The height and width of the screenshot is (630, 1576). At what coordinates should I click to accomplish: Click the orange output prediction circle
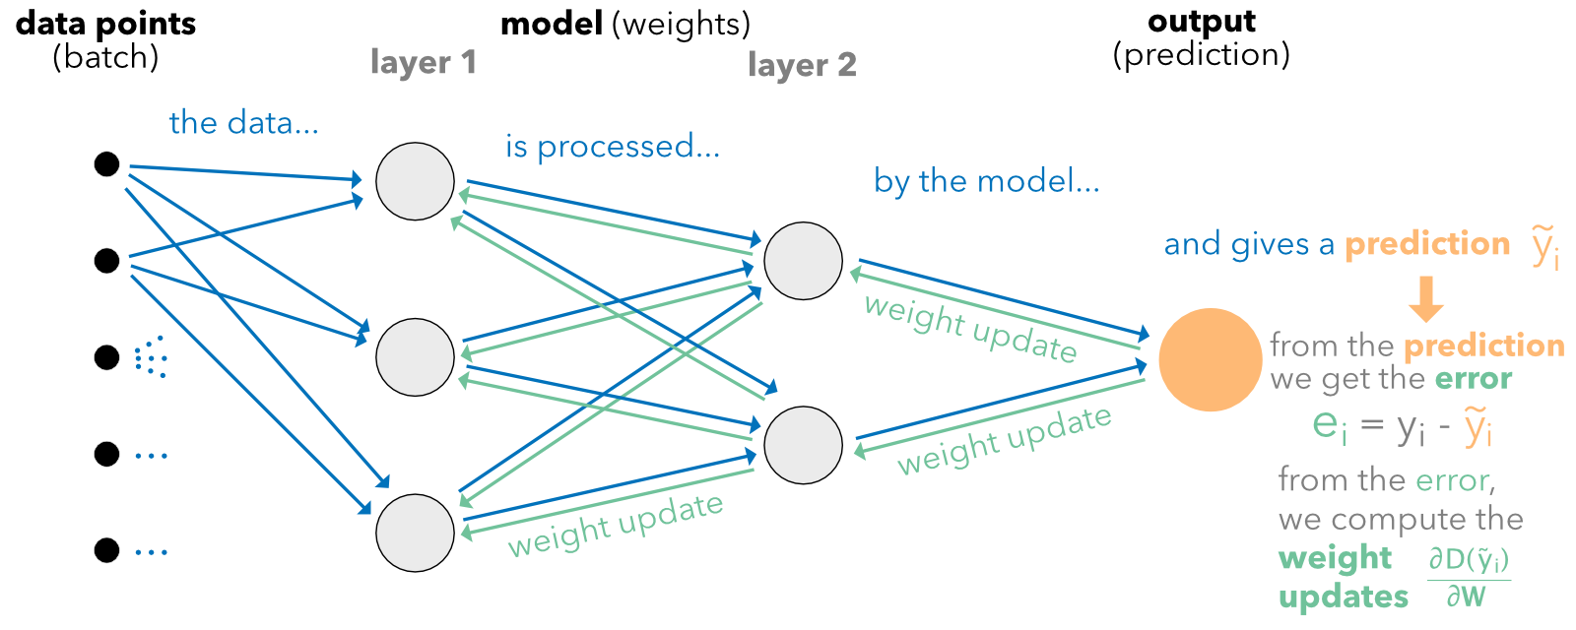pos(1210,360)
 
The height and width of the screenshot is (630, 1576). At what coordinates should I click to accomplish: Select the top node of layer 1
pos(415,181)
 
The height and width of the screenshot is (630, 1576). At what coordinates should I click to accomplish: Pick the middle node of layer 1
pos(415,356)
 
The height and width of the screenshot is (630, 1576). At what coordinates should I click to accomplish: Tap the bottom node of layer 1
pos(415,533)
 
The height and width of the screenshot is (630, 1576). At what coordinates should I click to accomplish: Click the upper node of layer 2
pos(803,261)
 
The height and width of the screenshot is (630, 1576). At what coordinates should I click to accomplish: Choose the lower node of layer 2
pos(803,445)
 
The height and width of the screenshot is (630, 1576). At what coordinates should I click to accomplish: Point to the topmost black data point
pos(106,164)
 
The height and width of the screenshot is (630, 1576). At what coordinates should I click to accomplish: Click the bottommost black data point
pos(106,550)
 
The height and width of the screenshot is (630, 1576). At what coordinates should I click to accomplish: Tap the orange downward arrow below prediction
pos(1425,299)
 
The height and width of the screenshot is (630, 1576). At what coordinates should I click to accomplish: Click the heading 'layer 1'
pos(424,63)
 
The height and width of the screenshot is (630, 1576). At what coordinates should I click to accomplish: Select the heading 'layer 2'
pos(802,66)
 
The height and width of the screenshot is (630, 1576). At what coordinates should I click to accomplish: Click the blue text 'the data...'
pos(243,123)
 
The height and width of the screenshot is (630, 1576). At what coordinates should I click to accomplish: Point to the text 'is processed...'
pos(613,147)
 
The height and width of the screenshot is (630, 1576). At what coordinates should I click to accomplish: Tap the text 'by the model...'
pos(986,181)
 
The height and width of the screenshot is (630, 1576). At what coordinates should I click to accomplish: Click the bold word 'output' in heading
pos(1202,22)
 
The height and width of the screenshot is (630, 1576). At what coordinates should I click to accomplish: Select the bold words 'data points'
pos(105,24)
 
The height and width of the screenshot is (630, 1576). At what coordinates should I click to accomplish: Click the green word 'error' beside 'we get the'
pos(1473,379)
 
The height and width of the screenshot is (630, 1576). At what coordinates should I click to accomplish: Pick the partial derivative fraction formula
pos(1468,579)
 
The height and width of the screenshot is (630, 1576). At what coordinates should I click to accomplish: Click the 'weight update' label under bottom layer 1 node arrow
pos(616,525)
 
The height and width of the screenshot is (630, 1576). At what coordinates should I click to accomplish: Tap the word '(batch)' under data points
pos(105,57)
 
